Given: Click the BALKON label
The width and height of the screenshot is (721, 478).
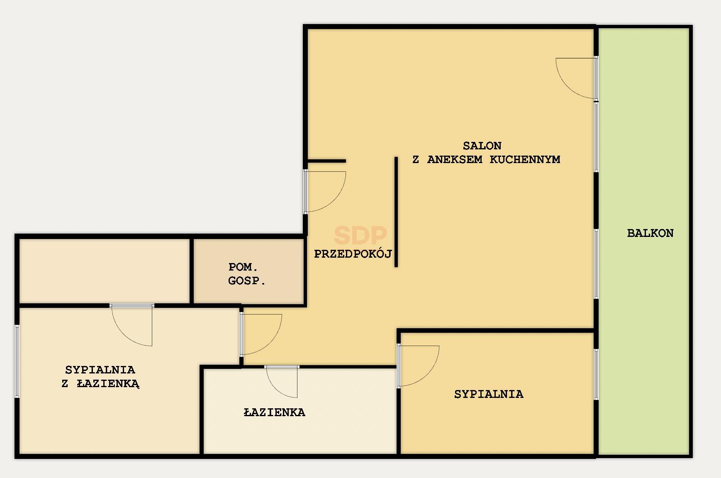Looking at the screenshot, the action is point(650,233).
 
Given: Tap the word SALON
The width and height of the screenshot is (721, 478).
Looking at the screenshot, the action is point(482,146).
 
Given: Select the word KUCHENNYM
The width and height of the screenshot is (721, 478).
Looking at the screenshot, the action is point(525,159).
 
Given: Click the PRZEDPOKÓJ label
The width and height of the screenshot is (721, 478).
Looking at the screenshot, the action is point(353,254).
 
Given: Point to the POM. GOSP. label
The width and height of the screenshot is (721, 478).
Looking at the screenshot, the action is point(247,274).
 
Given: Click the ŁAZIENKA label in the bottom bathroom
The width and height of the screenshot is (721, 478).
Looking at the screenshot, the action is point(274,412).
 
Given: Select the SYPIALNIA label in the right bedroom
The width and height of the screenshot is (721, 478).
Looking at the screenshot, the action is point(489,394).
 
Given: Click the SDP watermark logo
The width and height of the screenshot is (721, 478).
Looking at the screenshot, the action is point(360,235).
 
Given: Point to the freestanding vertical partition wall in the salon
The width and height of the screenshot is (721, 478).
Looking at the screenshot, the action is point(396,212).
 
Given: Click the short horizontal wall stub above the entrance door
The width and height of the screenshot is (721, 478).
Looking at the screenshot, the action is point(326,161).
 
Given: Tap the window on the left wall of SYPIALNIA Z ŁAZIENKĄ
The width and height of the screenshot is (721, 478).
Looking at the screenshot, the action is point(17,361).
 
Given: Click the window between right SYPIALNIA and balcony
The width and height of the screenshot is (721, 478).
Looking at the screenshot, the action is point(596,374).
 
